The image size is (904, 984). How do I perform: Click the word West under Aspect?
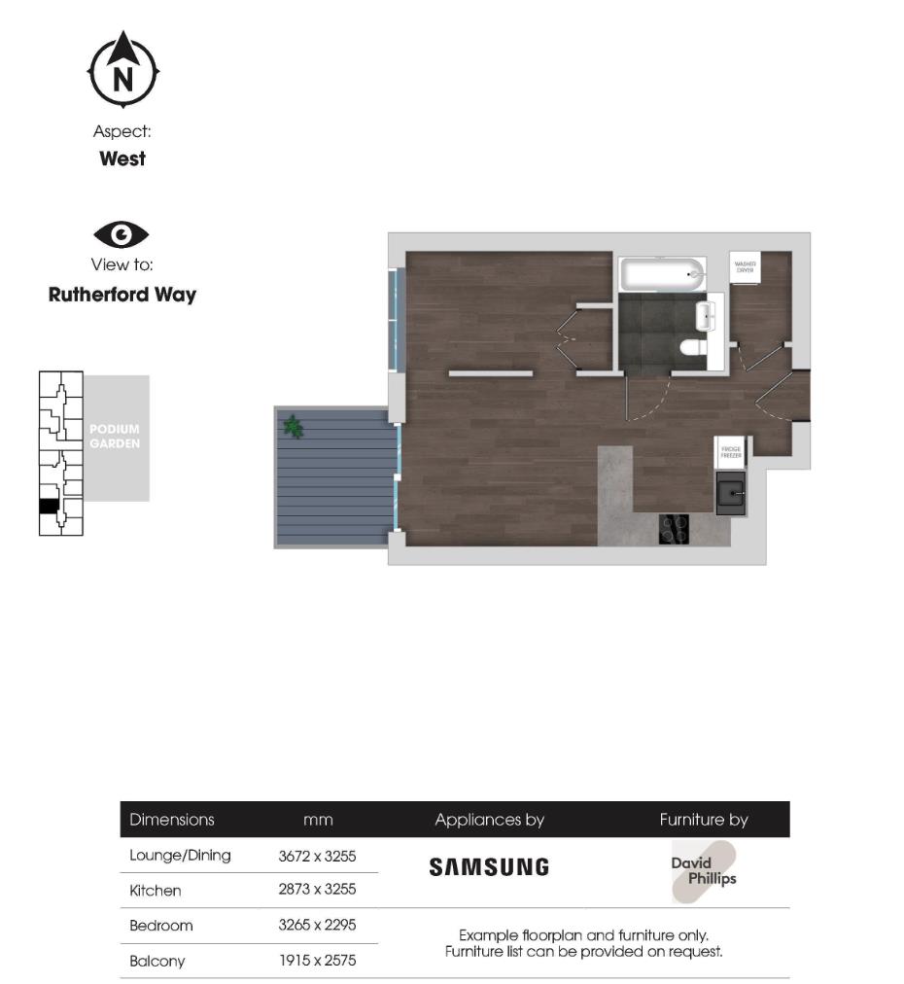(x=122, y=158)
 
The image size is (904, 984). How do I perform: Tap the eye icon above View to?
(x=122, y=234)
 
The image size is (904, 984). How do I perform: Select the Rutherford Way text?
(x=122, y=295)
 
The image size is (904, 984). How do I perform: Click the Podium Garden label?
(x=115, y=437)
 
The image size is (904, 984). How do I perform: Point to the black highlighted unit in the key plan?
(x=49, y=506)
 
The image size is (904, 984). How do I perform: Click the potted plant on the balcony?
(x=292, y=425)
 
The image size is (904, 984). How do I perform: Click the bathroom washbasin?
(x=707, y=312)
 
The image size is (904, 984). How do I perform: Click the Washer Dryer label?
(x=746, y=266)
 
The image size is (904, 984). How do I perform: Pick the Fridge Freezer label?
(x=730, y=452)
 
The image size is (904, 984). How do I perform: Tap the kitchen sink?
(x=730, y=493)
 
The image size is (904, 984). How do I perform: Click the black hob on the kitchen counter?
(x=674, y=529)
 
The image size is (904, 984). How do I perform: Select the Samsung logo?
(x=489, y=867)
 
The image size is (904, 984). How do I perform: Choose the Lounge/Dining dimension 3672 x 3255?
(x=317, y=856)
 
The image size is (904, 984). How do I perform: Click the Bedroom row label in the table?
(x=161, y=926)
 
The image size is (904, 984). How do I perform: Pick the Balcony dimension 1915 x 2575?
(x=317, y=961)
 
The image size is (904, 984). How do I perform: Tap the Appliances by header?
(x=489, y=820)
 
